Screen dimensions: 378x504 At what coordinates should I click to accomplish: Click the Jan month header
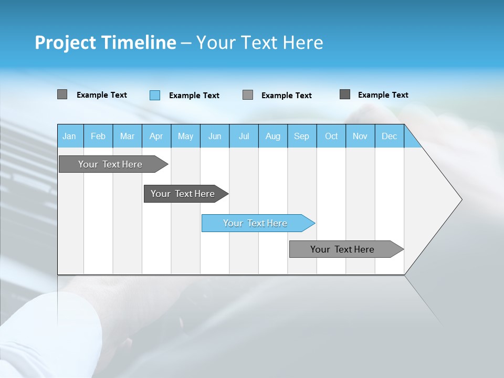click(x=69, y=136)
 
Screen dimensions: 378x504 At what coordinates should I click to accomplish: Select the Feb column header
click(x=98, y=136)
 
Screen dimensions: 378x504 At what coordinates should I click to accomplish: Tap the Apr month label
click(x=156, y=136)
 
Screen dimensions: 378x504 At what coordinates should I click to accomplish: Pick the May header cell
click(x=185, y=136)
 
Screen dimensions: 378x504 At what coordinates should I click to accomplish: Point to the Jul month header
click(x=244, y=136)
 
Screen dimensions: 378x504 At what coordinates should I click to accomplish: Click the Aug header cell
click(x=272, y=136)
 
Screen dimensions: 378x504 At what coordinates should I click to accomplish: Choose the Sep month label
click(x=301, y=136)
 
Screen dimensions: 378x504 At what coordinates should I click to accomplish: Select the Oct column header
click(x=331, y=136)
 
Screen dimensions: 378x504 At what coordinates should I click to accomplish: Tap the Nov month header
click(x=360, y=136)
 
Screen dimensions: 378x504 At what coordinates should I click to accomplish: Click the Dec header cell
click(x=389, y=136)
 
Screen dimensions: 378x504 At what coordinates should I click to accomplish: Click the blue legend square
click(x=155, y=95)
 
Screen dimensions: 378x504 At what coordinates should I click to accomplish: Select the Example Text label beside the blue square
click(x=194, y=96)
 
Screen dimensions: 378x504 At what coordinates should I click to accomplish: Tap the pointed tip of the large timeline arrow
click(x=460, y=199)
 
